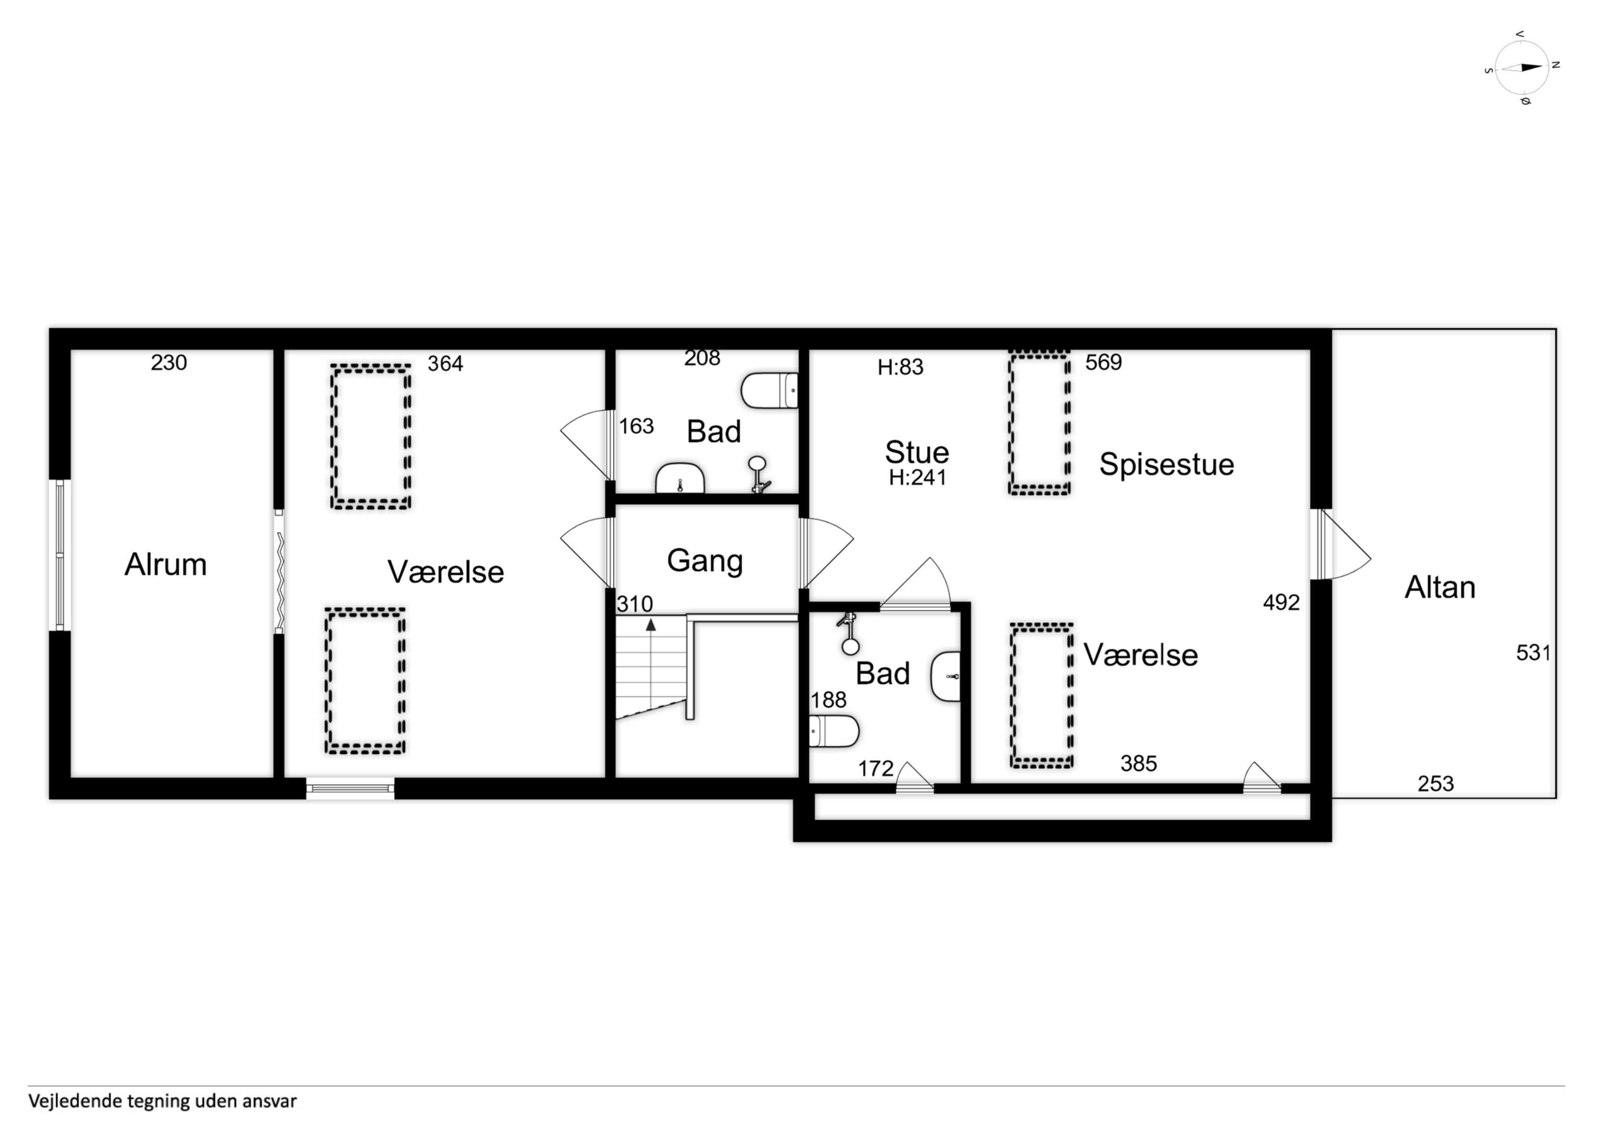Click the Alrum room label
[x=166, y=564]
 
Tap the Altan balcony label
[x=1440, y=588]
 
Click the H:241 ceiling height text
[x=918, y=478]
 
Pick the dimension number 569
[x=1104, y=362]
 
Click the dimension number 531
[x=1533, y=653]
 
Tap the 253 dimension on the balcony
[x=1436, y=784]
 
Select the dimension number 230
[x=169, y=363]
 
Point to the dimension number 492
[x=1282, y=603]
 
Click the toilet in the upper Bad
[x=770, y=390]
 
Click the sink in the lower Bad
[x=946, y=676]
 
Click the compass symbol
[x=1522, y=68]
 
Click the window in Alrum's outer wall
[x=59, y=555]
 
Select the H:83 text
[x=901, y=367]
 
